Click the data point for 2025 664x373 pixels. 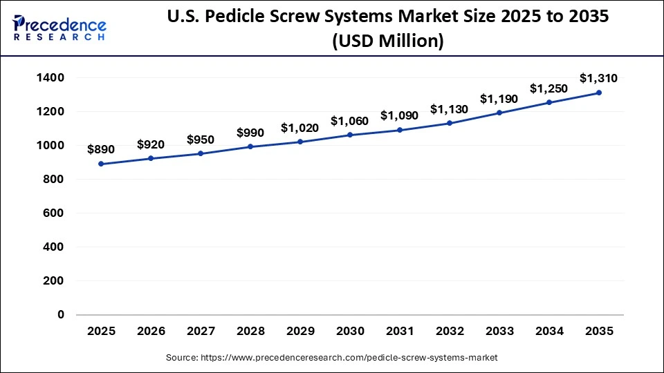coord(101,164)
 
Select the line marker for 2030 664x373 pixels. coord(350,135)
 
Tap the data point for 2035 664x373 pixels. coord(599,93)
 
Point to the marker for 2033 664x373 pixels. coord(499,113)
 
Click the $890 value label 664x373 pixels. coord(101,149)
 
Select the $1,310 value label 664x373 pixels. coord(599,77)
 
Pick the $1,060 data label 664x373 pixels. coord(350,121)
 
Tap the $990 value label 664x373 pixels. coord(250,133)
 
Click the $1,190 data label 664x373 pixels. coord(499,99)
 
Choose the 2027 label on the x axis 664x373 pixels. coord(201,331)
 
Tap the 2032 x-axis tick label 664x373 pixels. coord(450,331)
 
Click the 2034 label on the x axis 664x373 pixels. coord(549,331)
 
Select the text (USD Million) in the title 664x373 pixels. coord(387,41)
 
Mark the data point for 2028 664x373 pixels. coord(250,146)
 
